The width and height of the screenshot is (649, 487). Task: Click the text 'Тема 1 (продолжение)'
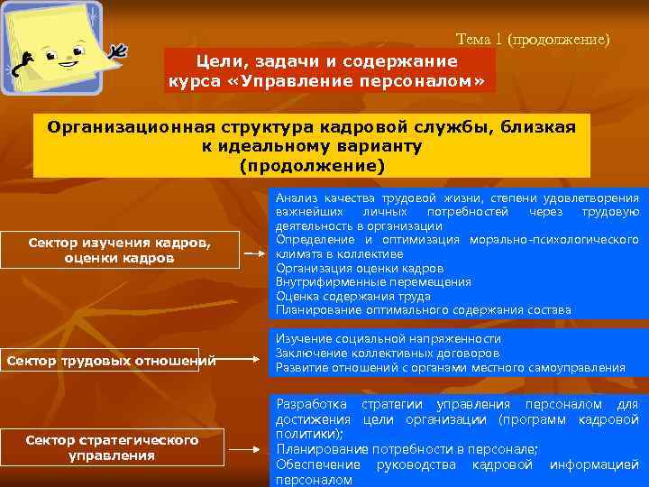[533, 40]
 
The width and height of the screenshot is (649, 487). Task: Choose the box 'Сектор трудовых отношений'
[112, 362]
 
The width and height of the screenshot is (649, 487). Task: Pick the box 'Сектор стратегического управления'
[112, 447]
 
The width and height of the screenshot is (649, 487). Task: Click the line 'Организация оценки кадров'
[359, 268]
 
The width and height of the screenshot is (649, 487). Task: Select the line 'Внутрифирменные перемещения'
[373, 281]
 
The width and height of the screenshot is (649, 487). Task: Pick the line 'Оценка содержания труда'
[352, 296]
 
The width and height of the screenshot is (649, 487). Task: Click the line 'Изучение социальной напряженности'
[388, 338]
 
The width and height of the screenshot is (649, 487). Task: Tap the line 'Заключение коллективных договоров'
[387, 353]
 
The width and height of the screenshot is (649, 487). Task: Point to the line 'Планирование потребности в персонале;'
[407, 449]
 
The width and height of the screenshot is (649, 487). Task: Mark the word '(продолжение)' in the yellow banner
[312, 167]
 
